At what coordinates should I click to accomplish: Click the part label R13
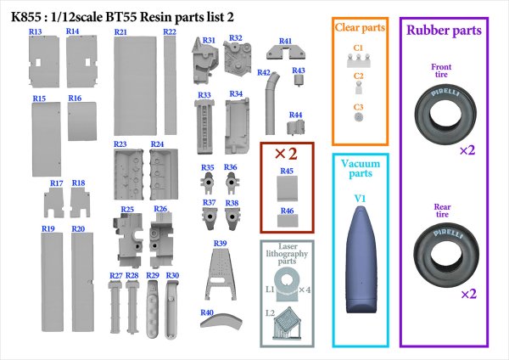36,31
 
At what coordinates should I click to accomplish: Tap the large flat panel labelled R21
135,86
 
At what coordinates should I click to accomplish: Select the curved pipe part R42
271,104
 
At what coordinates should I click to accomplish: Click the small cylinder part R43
299,80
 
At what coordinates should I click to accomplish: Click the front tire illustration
445,113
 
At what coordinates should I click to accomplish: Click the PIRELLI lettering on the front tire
445,93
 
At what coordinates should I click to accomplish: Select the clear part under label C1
358,60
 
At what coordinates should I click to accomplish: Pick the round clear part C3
358,117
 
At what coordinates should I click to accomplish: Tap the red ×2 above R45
286,154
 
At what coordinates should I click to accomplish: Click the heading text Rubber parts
444,31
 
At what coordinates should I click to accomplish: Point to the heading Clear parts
360,28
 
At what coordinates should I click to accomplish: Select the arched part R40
221,320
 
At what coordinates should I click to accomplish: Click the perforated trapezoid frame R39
220,274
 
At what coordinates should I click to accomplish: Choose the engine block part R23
129,174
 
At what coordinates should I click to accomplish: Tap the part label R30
172,276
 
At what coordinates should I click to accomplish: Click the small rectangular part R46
288,221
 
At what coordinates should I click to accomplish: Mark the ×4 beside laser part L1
305,290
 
